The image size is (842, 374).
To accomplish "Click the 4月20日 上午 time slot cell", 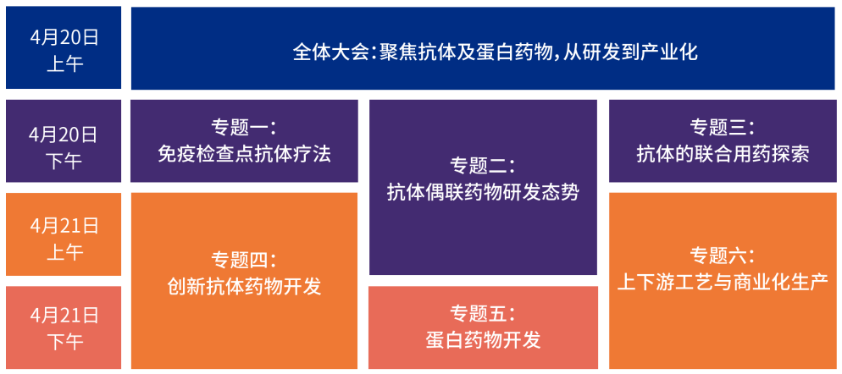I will click(x=64, y=49).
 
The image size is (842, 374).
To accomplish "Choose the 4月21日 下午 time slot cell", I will click(x=64, y=328).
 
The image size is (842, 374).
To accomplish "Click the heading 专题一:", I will click(x=244, y=129).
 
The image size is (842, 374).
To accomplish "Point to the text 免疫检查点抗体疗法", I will click(x=244, y=154).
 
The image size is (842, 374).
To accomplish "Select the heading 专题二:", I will click(x=483, y=166).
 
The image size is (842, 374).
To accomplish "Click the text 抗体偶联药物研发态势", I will click(x=483, y=192).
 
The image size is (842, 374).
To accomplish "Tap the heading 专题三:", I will click(x=723, y=129).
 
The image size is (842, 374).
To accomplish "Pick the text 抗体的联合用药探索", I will click(x=723, y=154).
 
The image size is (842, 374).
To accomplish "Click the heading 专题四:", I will click(x=244, y=259).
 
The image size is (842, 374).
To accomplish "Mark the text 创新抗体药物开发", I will click(x=244, y=286).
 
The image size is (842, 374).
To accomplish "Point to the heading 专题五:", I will click(x=483, y=313).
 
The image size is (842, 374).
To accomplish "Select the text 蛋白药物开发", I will click(x=483, y=340).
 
